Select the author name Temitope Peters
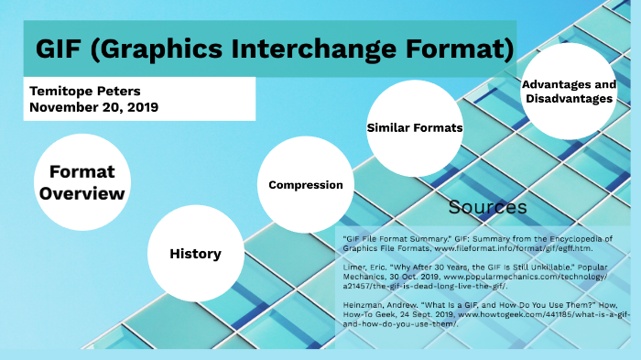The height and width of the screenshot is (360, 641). point(86,91)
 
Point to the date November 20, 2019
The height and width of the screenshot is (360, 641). point(93,107)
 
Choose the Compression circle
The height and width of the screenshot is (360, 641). point(305,185)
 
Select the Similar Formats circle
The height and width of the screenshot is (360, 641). point(414,127)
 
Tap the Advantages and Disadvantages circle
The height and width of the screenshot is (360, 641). point(567,92)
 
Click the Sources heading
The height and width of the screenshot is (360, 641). point(488,207)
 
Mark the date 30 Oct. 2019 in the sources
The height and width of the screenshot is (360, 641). point(429,276)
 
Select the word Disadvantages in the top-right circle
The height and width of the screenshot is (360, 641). point(567,99)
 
